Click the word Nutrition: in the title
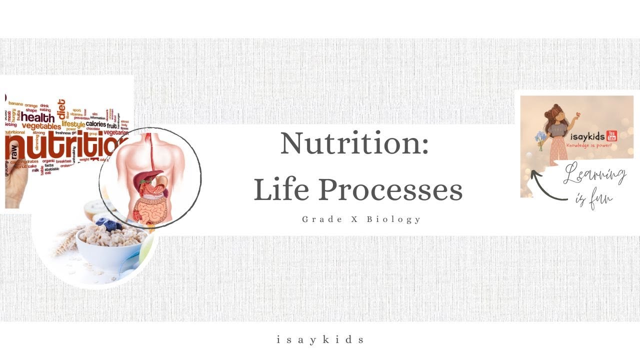point(354,144)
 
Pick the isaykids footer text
point(320,340)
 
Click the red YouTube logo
point(611,136)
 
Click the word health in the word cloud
point(37,117)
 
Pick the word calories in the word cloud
point(95,123)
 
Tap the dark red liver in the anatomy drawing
point(152,177)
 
